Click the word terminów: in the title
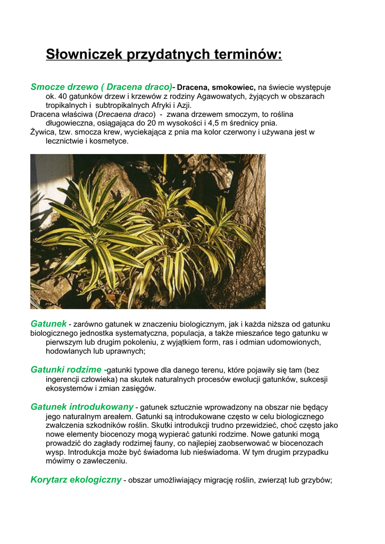coord(248,54)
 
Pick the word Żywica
coord(43,132)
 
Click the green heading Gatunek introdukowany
coord(81,407)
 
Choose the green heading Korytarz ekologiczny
coord(76,480)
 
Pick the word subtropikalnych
coord(120,105)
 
